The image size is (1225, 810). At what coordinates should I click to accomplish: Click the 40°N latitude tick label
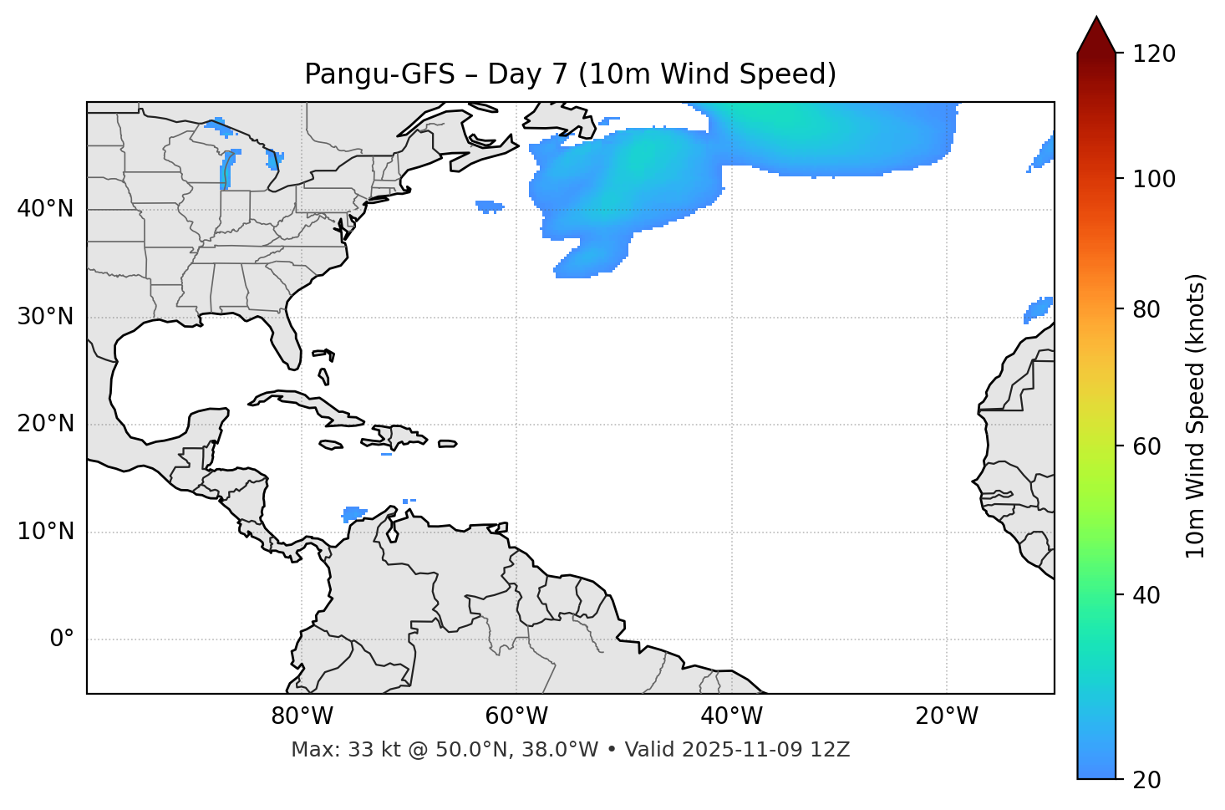[45, 209]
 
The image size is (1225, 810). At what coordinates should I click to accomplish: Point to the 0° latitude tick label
[62, 639]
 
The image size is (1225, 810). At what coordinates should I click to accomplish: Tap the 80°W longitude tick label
[302, 716]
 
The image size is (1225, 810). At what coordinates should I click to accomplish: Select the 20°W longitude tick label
[947, 716]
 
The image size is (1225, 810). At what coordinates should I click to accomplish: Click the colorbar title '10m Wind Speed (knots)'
[1196, 415]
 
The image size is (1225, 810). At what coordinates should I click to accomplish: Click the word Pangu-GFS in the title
[379, 74]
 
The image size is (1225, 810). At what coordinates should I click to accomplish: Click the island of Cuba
[301, 402]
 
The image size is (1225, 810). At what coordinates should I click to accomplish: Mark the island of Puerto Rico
[448, 444]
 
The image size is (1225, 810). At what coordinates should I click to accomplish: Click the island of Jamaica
[331, 445]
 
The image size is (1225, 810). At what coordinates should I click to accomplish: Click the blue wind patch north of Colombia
[354, 512]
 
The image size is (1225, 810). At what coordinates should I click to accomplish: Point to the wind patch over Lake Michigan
[226, 171]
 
